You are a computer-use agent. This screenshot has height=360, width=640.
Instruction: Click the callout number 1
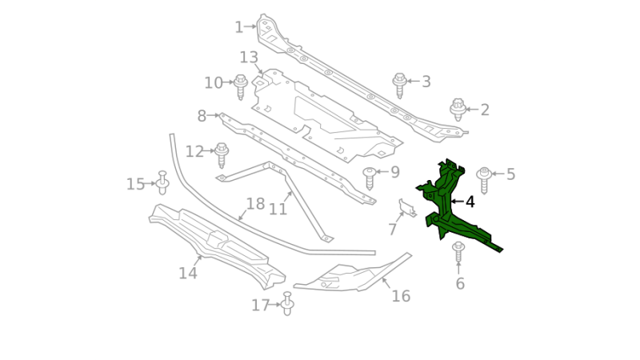coord(238,27)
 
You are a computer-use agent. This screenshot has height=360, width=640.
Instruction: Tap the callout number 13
coord(249,58)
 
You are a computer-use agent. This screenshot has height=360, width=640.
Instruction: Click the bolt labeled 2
coord(458,110)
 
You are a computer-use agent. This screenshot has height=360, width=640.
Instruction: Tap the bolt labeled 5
coord(484,179)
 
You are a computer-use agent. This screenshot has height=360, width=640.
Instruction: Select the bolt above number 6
coord(458,252)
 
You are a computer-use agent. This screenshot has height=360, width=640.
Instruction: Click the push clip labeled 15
coord(162,184)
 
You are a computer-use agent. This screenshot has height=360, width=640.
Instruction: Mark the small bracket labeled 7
coord(407,209)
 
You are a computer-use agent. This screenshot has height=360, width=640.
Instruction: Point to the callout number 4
coord(470,202)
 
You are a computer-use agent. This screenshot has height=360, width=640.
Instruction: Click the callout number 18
coord(255,204)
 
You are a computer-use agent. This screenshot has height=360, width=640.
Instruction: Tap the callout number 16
coord(401,297)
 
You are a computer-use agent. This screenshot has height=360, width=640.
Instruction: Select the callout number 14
coord(187,274)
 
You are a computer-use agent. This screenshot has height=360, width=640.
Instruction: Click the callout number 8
coord(202,116)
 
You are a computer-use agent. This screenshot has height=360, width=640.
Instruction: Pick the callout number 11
coord(278,210)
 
